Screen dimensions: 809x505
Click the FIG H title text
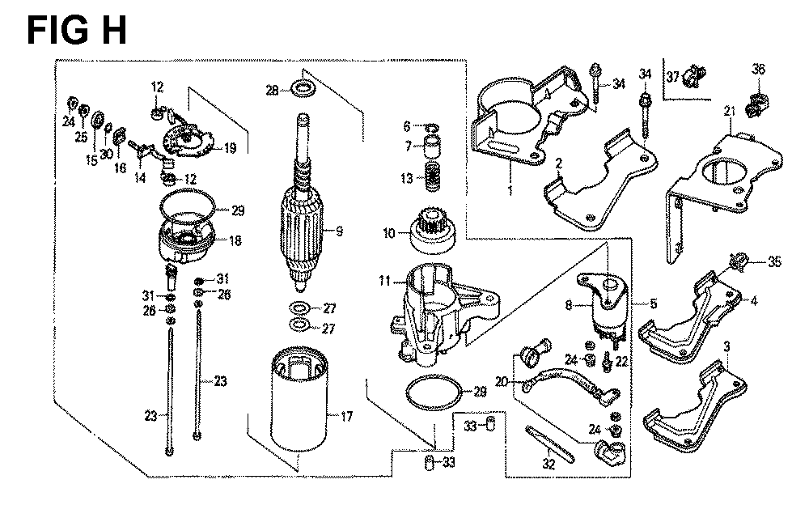point(76,31)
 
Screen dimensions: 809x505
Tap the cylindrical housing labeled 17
point(299,400)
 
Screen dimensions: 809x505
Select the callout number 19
point(230,149)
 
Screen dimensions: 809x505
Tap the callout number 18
point(235,241)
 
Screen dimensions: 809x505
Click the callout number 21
point(729,111)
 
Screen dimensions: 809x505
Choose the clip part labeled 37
point(693,76)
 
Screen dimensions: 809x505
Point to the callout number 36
point(759,69)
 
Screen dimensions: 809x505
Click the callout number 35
point(774,261)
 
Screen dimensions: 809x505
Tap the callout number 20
point(502,382)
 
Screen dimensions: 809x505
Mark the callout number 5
point(654,303)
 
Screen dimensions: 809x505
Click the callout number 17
point(346,416)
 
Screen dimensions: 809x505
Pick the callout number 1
point(510,191)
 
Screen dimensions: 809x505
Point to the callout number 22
point(621,360)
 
